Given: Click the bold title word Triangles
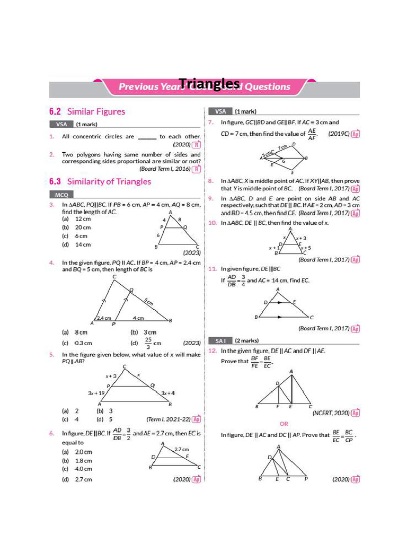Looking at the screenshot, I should (x=209, y=83).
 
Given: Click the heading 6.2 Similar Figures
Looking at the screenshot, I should (x=87, y=111).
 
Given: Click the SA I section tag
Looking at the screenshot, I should (x=220, y=340).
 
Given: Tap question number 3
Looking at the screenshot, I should (x=52, y=204).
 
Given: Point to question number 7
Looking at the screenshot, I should (x=211, y=122).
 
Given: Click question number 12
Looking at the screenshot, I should (x=212, y=351).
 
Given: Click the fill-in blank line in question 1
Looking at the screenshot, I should (x=147, y=137).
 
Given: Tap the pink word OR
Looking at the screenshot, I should (x=284, y=424).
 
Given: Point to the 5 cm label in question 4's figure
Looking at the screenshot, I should (x=149, y=302).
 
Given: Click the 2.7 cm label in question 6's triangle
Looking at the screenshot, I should (x=182, y=449).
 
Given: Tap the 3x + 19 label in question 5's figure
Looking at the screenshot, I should (x=98, y=393).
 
